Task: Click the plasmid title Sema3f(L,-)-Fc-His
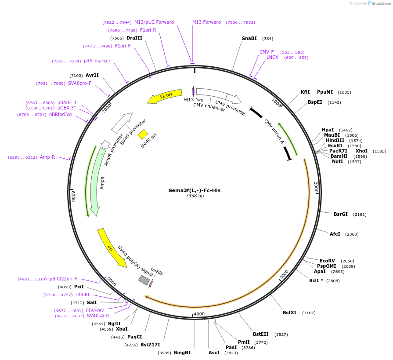click(x=195, y=190)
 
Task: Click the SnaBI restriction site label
click(x=249, y=39)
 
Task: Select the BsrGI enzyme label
click(x=340, y=215)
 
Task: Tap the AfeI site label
click(x=335, y=234)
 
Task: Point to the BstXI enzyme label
click(x=289, y=313)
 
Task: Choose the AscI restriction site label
click(x=214, y=353)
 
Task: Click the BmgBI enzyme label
click(x=182, y=353)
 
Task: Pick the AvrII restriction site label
click(x=92, y=76)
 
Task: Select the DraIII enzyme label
click(x=134, y=38)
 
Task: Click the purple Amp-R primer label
click(x=47, y=157)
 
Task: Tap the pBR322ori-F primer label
click(x=63, y=279)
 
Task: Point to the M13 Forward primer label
click(x=206, y=22)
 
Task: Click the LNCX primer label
click(x=272, y=58)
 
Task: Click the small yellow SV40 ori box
click(x=143, y=134)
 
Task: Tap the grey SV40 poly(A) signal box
click(x=144, y=280)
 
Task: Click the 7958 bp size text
click(x=195, y=196)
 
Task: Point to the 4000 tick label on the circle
click(x=199, y=314)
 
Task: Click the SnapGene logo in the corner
click(x=379, y=4)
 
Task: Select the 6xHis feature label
click(x=157, y=271)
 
